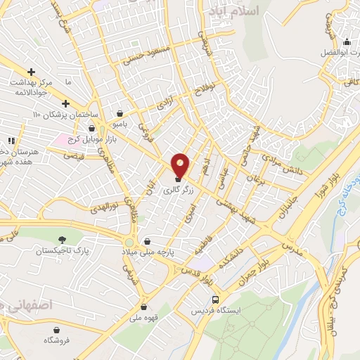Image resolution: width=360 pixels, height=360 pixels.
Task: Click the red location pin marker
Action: coord(181,165)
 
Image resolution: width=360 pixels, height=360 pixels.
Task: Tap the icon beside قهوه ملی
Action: coord(144,306)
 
